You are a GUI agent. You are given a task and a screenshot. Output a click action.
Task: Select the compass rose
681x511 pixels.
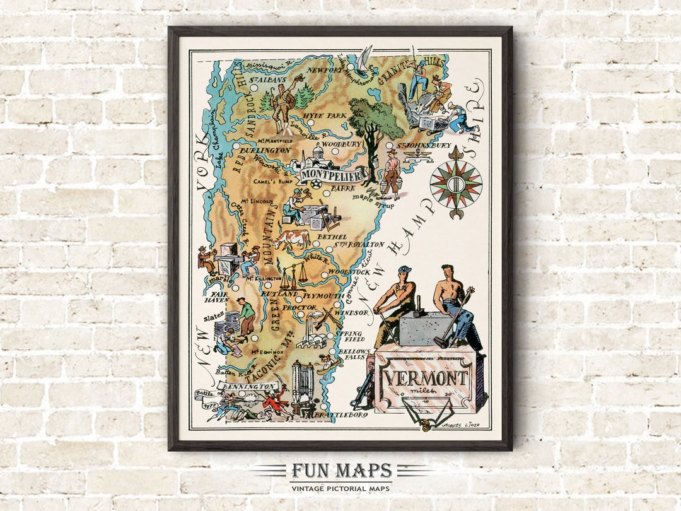pos(455,184)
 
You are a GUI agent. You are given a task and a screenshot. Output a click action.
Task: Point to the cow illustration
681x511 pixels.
pos(291,238)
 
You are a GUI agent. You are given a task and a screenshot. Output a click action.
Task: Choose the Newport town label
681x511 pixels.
pos(326,71)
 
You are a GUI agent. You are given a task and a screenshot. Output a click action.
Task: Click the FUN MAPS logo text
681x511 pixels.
pos(341,471)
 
